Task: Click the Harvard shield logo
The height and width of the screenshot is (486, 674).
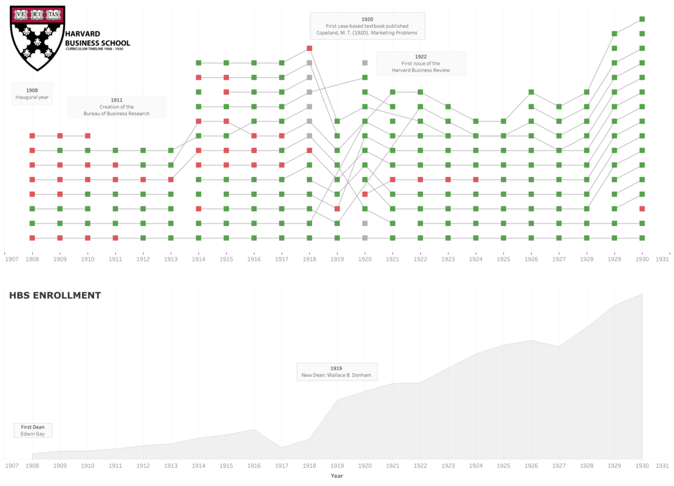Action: [x=38, y=38]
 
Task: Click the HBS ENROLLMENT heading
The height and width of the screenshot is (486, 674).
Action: [x=55, y=295]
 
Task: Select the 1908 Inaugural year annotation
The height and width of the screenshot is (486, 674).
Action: [x=32, y=93]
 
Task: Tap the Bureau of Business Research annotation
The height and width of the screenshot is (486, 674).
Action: [x=116, y=107]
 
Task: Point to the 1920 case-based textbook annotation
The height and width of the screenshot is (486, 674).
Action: [x=367, y=26]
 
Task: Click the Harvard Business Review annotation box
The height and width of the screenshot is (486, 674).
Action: [x=421, y=64]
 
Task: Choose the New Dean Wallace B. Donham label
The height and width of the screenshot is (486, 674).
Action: [x=336, y=372]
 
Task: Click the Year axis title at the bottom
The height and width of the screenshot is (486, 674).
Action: [x=336, y=476]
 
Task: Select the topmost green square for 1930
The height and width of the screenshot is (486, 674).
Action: [x=642, y=19]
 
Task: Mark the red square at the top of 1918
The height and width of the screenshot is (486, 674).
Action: [x=309, y=48]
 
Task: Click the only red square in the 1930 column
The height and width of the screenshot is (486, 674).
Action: [x=642, y=209]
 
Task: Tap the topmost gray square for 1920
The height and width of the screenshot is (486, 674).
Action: [x=365, y=63]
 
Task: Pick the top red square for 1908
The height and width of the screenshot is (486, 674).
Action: [x=32, y=136]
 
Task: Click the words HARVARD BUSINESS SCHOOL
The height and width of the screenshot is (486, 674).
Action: [x=97, y=39]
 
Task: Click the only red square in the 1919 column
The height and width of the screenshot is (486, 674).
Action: [x=337, y=209]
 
